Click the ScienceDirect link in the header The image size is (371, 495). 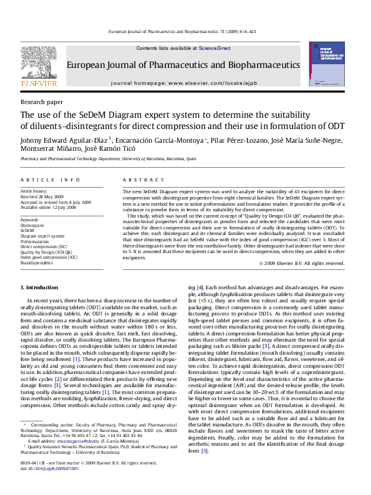[x=214, y=48]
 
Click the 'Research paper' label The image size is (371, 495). [x=42, y=101]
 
